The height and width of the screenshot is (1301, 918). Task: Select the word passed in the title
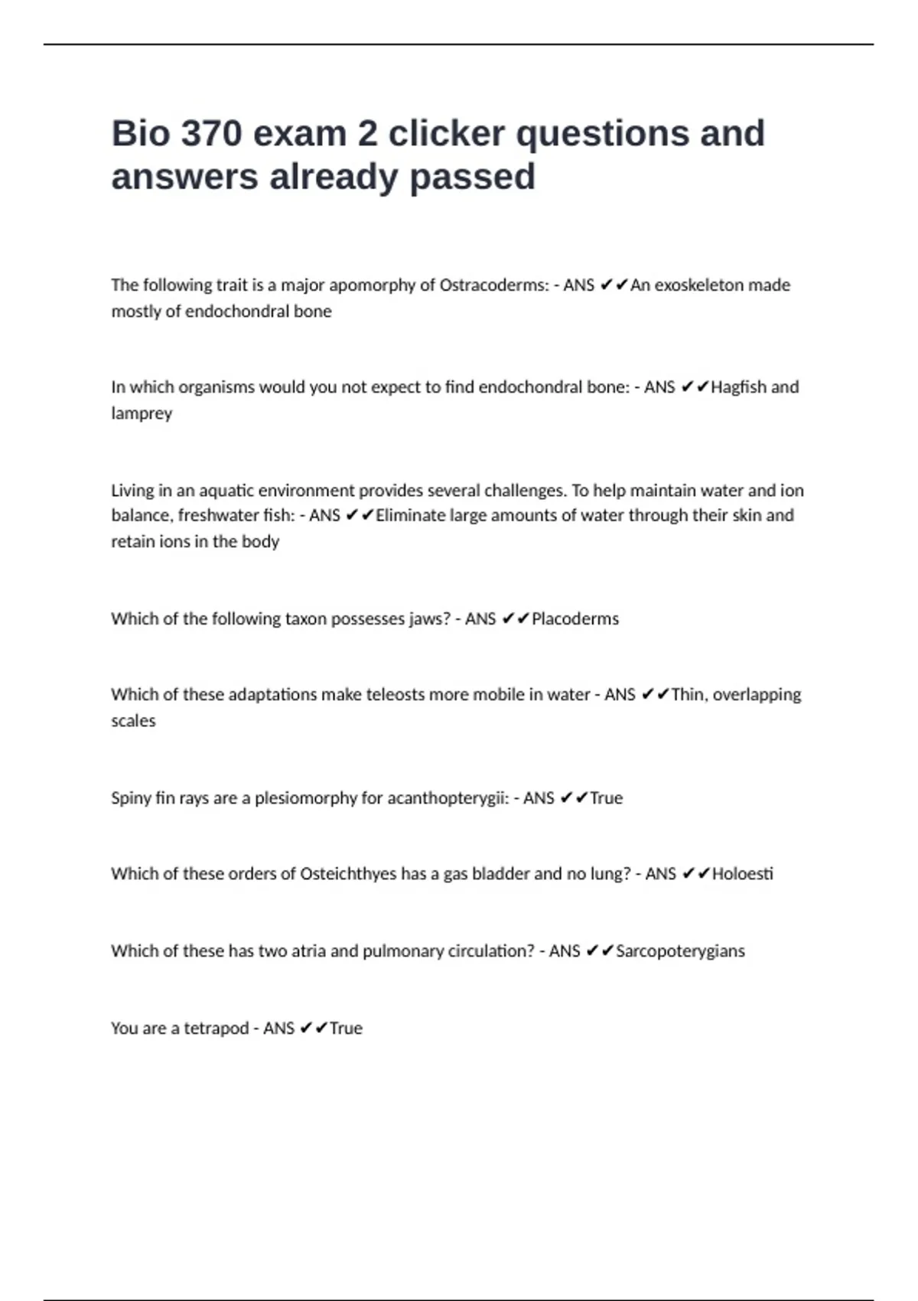click(472, 177)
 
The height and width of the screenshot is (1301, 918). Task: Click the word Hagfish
click(738, 387)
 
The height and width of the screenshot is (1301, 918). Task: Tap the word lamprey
click(142, 414)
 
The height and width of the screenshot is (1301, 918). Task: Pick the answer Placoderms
click(575, 619)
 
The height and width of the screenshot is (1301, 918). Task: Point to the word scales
click(133, 721)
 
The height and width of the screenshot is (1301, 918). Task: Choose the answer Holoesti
click(742, 874)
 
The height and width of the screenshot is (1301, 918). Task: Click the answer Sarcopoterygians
click(680, 951)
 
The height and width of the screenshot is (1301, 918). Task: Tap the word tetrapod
click(216, 1029)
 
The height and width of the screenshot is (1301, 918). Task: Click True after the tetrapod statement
click(346, 1029)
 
